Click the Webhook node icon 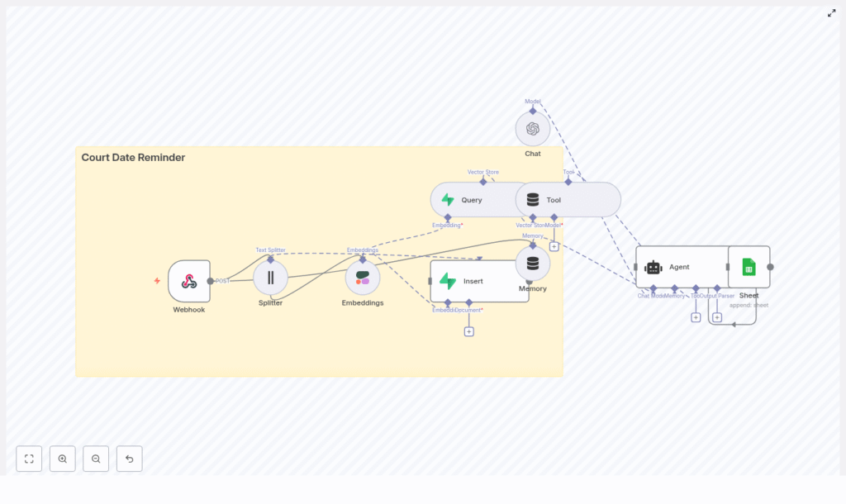pyautogui.click(x=189, y=281)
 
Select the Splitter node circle pyautogui.click(x=270, y=278)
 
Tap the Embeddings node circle pyautogui.click(x=363, y=278)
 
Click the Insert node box pyautogui.click(x=479, y=281)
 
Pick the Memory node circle pyautogui.click(x=533, y=264)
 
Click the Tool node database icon pyautogui.click(x=533, y=200)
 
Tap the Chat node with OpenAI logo pyautogui.click(x=533, y=129)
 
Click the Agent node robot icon pyautogui.click(x=654, y=267)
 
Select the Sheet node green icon pyautogui.click(x=749, y=267)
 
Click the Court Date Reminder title pyautogui.click(x=133, y=158)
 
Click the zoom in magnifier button pyautogui.click(x=63, y=459)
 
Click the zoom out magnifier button pyautogui.click(x=96, y=459)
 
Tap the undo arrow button pyautogui.click(x=129, y=459)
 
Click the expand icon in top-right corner pyautogui.click(x=832, y=13)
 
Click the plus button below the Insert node pyautogui.click(x=468, y=331)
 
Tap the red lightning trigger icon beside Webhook pyautogui.click(x=157, y=281)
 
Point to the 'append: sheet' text pyautogui.click(x=749, y=305)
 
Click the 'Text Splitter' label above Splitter pyautogui.click(x=270, y=250)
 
